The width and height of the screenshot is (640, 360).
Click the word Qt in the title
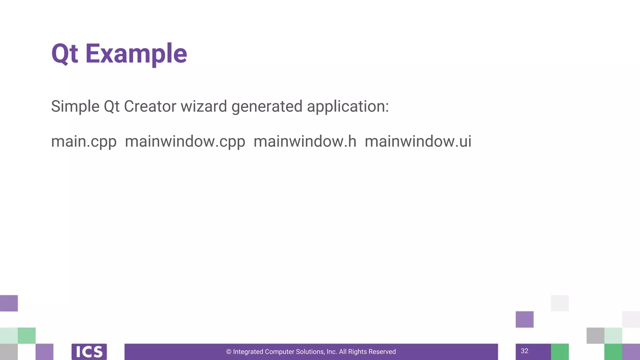click(x=64, y=54)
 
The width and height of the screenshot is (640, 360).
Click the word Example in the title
click(x=136, y=54)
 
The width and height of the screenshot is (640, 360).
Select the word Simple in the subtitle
click(x=75, y=106)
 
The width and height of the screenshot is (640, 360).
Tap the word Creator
click(x=150, y=106)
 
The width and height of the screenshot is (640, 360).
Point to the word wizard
click(x=204, y=106)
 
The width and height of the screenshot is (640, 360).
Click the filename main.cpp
click(x=84, y=142)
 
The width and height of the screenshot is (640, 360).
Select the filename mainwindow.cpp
click(x=185, y=142)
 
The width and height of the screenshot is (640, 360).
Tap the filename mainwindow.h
click(x=305, y=141)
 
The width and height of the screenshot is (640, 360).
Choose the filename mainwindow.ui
click(x=418, y=141)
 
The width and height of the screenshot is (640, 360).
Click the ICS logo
click(x=89, y=352)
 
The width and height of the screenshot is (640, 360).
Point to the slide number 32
click(x=524, y=351)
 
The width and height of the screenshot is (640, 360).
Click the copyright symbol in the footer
click(x=229, y=352)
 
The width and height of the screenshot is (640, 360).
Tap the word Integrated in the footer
click(x=248, y=352)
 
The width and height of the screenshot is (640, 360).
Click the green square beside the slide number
click(x=560, y=352)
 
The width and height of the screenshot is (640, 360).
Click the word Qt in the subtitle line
click(x=112, y=106)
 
